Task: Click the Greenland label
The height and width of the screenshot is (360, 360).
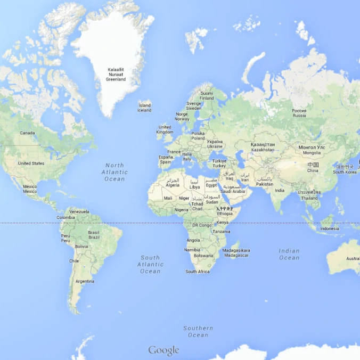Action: tap(116, 75)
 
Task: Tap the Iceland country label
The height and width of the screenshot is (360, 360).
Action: tap(144, 108)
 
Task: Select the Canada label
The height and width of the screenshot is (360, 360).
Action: tap(27, 133)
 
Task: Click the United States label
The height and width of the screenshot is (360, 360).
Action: tap(31, 163)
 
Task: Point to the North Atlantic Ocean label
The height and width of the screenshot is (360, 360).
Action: tap(114, 172)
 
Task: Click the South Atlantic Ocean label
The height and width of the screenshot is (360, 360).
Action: tap(150, 264)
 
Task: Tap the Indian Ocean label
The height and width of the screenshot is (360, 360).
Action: tap(289, 254)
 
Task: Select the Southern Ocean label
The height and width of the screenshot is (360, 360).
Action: tap(198, 331)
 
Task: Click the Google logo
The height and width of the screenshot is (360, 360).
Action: tap(163, 350)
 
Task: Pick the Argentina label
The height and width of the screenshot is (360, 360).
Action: tap(85, 281)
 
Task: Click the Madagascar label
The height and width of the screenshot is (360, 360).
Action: tap(236, 252)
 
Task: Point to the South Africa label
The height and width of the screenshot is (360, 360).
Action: tap(198, 272)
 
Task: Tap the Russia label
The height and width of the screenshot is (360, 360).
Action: tap(299, 113)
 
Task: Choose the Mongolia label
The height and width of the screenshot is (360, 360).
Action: tap(312, 150)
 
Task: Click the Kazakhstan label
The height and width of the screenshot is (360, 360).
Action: tap(263, 147)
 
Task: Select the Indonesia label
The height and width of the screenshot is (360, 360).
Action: tap(329, 228)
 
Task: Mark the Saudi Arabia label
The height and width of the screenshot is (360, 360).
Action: tap(233, 189)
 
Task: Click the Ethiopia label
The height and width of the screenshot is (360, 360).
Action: tap(225, 211)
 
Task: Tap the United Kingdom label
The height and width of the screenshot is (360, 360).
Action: tap(165, 129)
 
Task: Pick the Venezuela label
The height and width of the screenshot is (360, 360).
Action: tap(79, 211)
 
